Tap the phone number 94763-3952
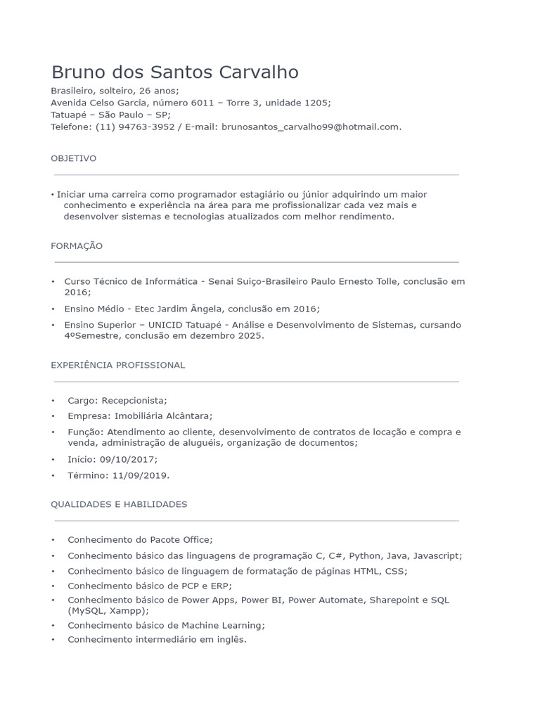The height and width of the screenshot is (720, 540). tap(146, 127)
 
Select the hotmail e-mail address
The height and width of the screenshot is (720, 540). tap(310, 127)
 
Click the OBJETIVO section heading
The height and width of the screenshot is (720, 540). tap(73, 158)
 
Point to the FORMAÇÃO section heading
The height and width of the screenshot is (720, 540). tap(77, 245)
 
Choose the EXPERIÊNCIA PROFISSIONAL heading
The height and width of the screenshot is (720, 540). tap(117, 365)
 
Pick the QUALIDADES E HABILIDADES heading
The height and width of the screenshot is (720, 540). tap(119, 504)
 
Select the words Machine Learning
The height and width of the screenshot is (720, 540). tap(222, 625)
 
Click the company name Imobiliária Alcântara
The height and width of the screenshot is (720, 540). tap(163, 416)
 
